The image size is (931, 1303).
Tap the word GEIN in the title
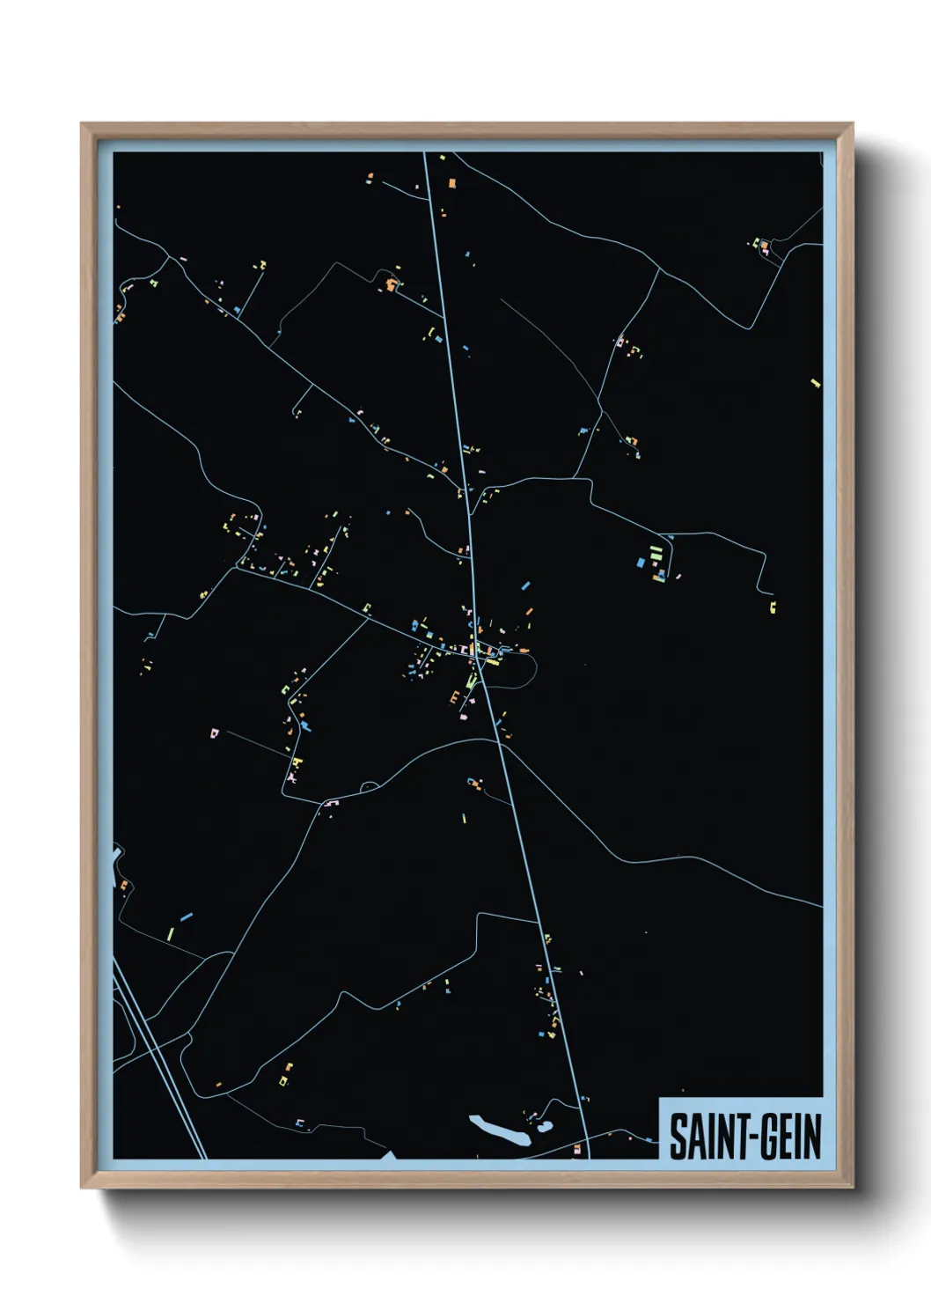coord(788,1137)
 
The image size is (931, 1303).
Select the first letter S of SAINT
coord(678,1137)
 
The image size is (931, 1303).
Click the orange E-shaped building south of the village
coord(455,697)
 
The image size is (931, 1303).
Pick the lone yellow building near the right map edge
coord(815,383)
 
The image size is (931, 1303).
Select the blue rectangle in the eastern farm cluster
coord(641,561)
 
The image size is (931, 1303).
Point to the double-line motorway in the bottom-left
coord(158,1056)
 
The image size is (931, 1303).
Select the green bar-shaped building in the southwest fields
coord(171,931)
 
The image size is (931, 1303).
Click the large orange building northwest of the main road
coord(390,284)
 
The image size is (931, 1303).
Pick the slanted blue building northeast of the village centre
coord(526,584)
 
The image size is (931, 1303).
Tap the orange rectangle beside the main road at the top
coord(452,183)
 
